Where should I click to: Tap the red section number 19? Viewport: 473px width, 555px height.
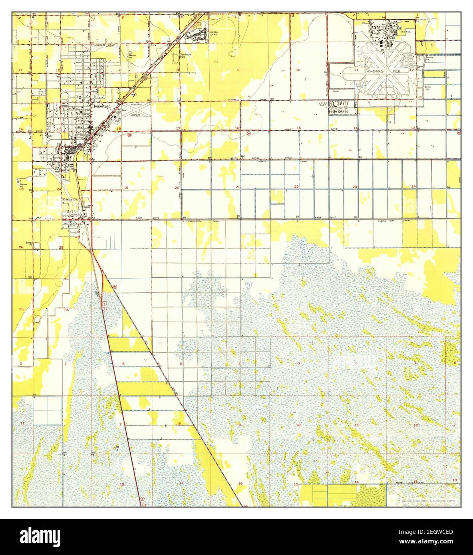(x=126, y=187)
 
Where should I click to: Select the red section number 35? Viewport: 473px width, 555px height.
(x=21, y=309)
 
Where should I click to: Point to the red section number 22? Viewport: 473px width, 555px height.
(x=296, y=187)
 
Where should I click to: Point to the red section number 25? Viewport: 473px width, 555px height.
(x=61, y=248)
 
